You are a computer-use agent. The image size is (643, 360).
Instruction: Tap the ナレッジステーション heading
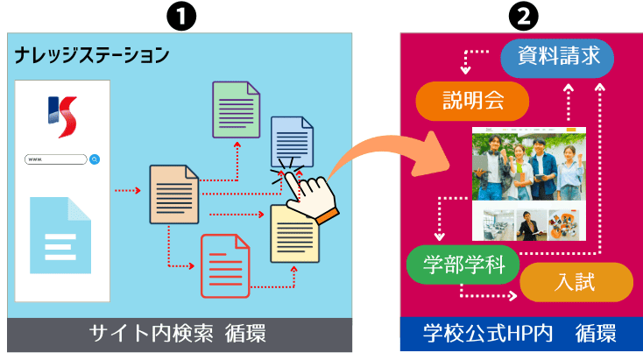91,56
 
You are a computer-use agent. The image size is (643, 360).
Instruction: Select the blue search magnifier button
94,159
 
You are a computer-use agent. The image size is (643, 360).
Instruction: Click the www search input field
56,159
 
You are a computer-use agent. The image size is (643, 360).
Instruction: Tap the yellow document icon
294,234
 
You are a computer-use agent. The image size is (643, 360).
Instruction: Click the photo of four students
530,166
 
